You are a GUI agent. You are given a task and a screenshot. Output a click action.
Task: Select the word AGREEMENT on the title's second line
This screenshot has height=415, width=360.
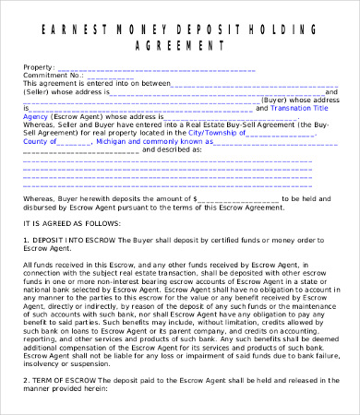coord(181,43)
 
